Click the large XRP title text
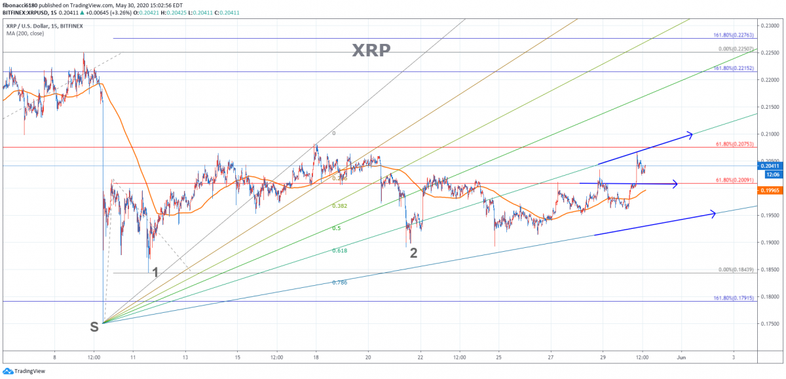[x=371, y=50]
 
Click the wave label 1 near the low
[x=155, y=272]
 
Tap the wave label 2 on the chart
[x=413, y=253]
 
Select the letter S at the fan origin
[x=94, y=327]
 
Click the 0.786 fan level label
[x=339, y=282]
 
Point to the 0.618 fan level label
[x=339, y=250]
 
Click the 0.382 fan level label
[x=339, y=205]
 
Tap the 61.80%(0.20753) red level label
[x=734, y=144]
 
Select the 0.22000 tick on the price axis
[x=770, y=79]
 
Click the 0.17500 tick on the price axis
[x=770, y=323]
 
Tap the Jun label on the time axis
[x=681, y=357]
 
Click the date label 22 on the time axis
[x=421, y=357]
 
